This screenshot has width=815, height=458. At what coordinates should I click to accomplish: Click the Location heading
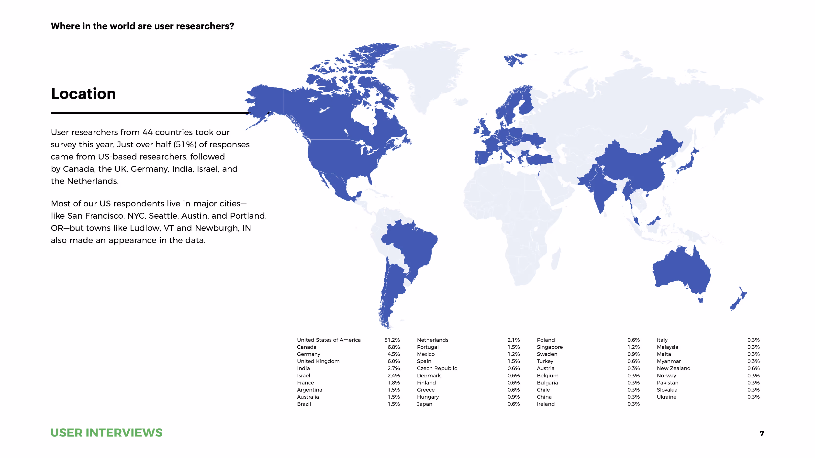coord(83,94)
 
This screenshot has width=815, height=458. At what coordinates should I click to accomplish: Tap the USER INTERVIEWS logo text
coord(106,433)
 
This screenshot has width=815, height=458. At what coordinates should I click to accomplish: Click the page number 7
coord(762,434)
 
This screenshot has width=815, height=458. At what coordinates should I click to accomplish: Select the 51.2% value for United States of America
coord(392,340)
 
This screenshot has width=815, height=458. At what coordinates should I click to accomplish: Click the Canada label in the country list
coord(307,347)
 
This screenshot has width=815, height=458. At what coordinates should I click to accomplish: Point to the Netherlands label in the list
coord(433,340)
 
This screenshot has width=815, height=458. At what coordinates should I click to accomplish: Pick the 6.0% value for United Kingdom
coord(394,361)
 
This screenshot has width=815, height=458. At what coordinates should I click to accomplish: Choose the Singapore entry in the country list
coord(549,347)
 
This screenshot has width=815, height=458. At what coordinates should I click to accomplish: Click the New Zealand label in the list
coord(674,369)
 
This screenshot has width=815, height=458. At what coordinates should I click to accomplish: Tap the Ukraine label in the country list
coord(666,397)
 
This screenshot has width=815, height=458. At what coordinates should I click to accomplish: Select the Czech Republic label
coord(437,369)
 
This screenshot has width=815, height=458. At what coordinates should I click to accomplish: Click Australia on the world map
coord(680,272)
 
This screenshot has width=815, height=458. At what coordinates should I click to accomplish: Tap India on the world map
coord(601,190)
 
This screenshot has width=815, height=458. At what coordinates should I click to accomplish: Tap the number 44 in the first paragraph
coord(147,132)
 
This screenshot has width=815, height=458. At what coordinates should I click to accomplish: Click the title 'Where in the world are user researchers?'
coord(142,26)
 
